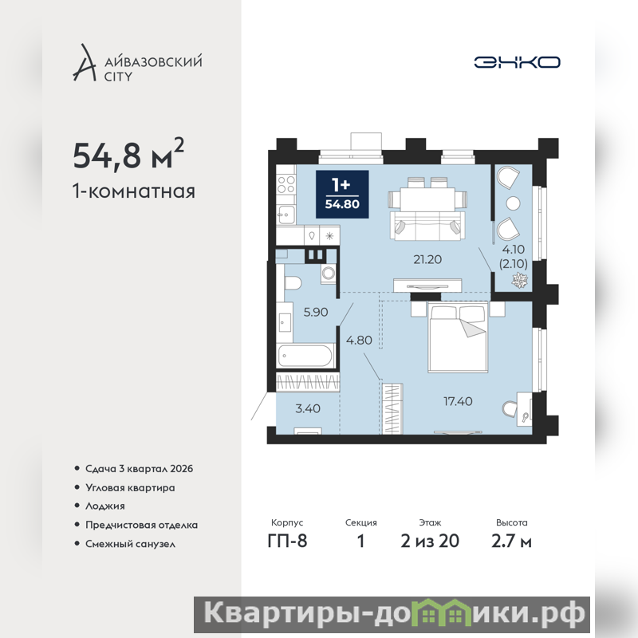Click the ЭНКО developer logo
pyautogui.click(x=517, y=62)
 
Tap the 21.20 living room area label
pyautogui.click(x=427, y=259)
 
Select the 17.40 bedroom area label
pyautogui.click(x=458, y=401)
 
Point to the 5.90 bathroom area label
pyautogui.click(x=316, y=312)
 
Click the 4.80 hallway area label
pyautogui.click(x=359, y=340)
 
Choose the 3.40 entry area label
pyautogui.click(x=308, y=408)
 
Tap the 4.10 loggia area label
pyautogui.click(x=513, y=249)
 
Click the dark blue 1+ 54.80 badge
pyautogui.click(x=342, y=194)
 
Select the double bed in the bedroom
pyautogui.click(x=457, y=337)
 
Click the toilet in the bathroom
pyautogui.click(x=292, y=282)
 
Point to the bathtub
pyautogui.click(x=305, y=356)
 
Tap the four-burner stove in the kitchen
pyautogui.click(x=286, y=184)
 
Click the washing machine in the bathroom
pyautogui.click(x=328, y=274)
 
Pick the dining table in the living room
pyautogui.click(x=427, y=199)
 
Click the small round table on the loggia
pyautogui.click(x=514, y=203)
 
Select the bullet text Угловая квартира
pyautogui.click(x=130, y=487)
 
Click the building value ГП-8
pyautogui.click(x=287, y=541)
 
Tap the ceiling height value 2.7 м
pyautogui.click(x=511, y=541)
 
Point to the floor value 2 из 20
pyautogui.click(x=430, y=541)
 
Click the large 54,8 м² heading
pyautogui.click(x=128, y=154)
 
